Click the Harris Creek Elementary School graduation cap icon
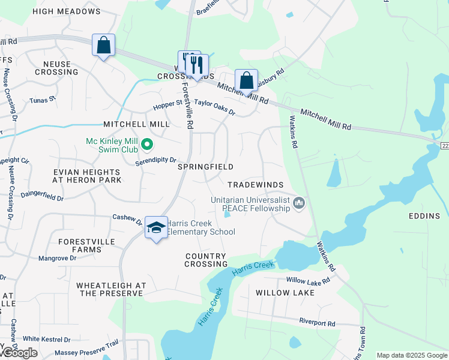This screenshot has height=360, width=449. [x=156, y=228]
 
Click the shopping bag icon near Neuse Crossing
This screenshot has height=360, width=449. [x=103, y=45]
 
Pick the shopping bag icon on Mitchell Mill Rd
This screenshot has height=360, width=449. [x=246, y=80]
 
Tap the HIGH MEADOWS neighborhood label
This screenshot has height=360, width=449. [x=66, y=11]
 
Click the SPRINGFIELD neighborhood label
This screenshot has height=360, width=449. [x=205, y=166]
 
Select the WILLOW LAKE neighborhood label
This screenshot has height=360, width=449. [x=285, y=293]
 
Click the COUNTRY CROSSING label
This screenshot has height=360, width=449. [x=206, y=260]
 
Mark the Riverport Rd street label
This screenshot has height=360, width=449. [x=319, y=323]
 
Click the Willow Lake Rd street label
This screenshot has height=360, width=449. [x=308, y=280]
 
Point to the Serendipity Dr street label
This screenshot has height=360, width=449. [x=155, y=161]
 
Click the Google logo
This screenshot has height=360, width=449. [x=19, y=353]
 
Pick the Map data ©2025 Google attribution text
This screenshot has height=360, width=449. [x=411, y=355]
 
